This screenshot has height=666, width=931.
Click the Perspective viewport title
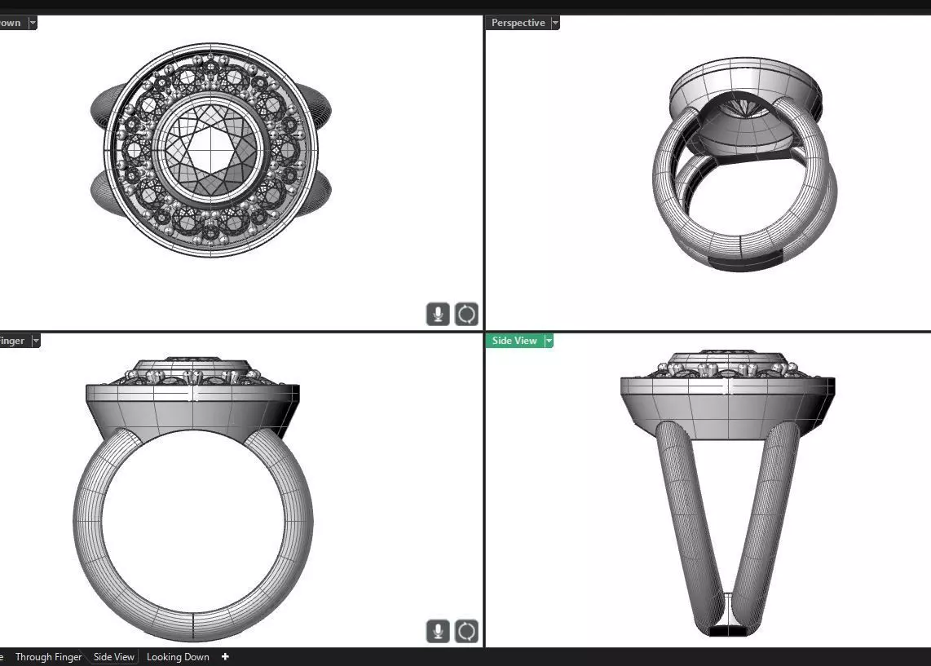pos(518,23)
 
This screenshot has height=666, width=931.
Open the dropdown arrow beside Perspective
pos(555,23)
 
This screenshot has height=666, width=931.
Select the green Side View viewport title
pos(514,341)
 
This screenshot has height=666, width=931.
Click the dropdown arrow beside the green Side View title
pos(549,341)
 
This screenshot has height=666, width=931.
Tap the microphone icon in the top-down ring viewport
pos(438,314)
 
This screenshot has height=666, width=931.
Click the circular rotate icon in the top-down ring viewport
pos(466,314)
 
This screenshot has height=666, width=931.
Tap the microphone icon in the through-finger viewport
pos(438,631)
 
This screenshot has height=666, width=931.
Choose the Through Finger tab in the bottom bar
pos(49,657)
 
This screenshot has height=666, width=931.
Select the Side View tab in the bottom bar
pos(113,657)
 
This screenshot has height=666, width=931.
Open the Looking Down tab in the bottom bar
pos(178,657)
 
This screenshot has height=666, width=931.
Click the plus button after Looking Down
pos(225,657)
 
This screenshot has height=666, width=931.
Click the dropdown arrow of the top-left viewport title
pos(33,23)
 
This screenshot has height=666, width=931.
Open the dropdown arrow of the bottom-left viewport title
pos(35,341)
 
